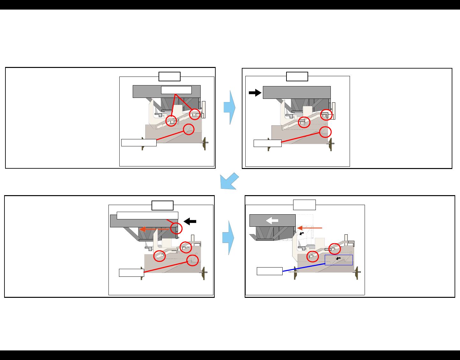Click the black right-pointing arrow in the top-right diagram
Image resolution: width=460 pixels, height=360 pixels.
(255, 93)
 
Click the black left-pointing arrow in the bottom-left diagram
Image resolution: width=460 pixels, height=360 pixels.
(190, 221)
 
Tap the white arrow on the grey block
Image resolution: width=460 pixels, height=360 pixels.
(272, 220)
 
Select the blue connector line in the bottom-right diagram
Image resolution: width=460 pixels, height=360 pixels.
(303, 268)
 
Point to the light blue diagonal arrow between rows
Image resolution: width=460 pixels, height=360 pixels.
(229, 181)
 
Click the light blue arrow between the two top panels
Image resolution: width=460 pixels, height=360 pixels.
(229, 107)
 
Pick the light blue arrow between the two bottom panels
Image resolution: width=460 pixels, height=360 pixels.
(228, 238)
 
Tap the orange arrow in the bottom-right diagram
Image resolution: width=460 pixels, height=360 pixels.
(310, 228)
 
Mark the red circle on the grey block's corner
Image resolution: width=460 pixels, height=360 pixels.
(176, 228)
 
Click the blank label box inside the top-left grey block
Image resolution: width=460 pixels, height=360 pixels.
(176, 90)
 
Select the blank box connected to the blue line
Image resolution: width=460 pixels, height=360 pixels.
(270, 271)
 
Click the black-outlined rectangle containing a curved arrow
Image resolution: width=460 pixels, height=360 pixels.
(339, 260)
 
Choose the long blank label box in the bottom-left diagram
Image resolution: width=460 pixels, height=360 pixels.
(147, 216)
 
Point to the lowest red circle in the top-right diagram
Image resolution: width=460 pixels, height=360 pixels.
(325, 132)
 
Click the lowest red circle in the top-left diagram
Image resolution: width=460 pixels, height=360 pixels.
(189, 129)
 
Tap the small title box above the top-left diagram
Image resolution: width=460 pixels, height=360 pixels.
(169, 77)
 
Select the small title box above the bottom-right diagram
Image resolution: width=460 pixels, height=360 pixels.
(304, 205)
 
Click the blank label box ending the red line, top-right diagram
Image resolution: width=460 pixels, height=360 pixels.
(267, 143)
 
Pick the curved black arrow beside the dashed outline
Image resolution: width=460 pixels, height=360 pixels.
(301, 234)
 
